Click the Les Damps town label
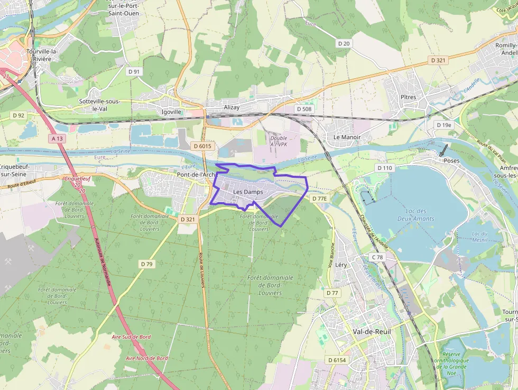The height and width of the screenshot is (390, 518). [x=248, y=192]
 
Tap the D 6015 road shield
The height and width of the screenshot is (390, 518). [x=202, y=146]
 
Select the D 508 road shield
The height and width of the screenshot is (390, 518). [x=304, y=109]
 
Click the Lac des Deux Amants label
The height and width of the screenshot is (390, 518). [x=416, y=215]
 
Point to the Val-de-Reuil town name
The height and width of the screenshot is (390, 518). [x=372, y=331]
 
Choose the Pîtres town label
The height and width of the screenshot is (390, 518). [x=408, y=97]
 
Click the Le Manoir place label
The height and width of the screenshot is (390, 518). [x=347, y=137]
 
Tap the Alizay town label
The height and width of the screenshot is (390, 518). [x=232, y=107]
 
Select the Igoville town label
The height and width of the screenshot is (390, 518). [x=171, y=112]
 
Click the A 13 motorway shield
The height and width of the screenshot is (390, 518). [x=57, y=139]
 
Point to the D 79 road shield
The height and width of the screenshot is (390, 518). [x=147, y=264]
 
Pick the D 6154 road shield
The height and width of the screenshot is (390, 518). [x=336, y=360]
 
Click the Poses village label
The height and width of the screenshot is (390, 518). [x=451, y=160]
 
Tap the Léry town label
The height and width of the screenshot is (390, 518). [x=341, y=265]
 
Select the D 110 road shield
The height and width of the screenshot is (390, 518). [x=385, y=168]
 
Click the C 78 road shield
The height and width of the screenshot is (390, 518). [x=377, y=257]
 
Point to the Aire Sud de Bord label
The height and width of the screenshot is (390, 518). [x=131, y=337]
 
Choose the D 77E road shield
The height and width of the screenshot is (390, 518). [x=320, y=198]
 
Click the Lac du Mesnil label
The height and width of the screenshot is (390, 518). [x=479, y=236]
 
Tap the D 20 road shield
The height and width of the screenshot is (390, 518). [x=344, y=43]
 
